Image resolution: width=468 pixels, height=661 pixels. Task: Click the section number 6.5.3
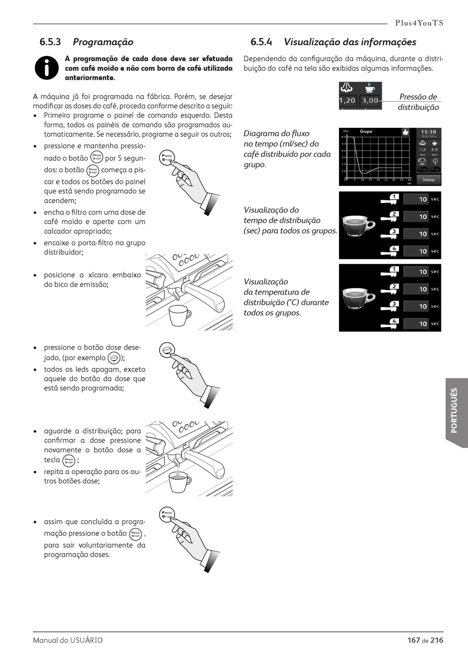pos(50,42)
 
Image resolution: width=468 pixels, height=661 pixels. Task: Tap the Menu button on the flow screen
pos(429,180)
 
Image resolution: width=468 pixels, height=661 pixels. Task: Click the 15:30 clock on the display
pos(429,132)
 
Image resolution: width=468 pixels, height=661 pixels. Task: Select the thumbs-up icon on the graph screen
pos(405,132)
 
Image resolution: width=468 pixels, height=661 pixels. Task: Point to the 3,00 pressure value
pos(370,100)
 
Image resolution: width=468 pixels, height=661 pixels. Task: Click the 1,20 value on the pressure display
pos(347,100)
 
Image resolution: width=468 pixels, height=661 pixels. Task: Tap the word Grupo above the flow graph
pos(366,132)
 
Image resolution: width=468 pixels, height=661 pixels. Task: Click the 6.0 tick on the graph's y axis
pos(343,137)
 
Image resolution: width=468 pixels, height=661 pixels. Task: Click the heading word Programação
pos(103,42)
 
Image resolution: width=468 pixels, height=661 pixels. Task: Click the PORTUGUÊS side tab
pos(455,411)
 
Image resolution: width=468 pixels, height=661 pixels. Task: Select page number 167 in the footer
pos(414,640)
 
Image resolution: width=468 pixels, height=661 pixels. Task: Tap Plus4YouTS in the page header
pos(419,23)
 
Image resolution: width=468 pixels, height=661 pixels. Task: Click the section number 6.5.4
pos(261,42)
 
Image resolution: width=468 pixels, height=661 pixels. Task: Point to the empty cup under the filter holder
pos(180,315)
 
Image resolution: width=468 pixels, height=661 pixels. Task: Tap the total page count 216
pos(436,640)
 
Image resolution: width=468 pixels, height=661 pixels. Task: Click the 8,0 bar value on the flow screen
pos(434,150)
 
